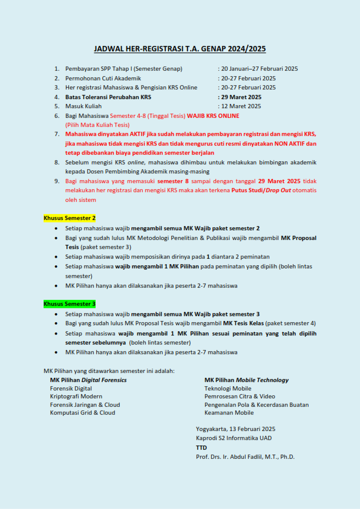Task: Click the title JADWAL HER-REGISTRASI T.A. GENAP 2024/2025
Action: point(180,49)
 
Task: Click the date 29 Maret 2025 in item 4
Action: point(241,97)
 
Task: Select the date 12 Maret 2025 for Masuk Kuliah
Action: point(241,106)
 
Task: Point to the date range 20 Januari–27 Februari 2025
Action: point(260,69)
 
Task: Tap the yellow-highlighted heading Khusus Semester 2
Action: point(70,218)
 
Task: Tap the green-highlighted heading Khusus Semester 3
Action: point(70,303)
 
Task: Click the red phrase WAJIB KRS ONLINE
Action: point(212,115)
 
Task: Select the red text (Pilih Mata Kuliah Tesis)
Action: point(97,125)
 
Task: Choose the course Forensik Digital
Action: point(71,388)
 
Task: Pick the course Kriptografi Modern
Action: point(76,397)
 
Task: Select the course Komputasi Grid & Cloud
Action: point(82,413)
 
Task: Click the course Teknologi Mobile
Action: point(227,388)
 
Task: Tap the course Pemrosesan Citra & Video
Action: point(240,397)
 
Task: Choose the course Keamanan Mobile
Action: point(229,413)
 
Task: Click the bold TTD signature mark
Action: point(201,447)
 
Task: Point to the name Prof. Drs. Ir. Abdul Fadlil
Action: point(235,456)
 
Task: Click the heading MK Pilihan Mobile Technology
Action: point(246,380)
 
